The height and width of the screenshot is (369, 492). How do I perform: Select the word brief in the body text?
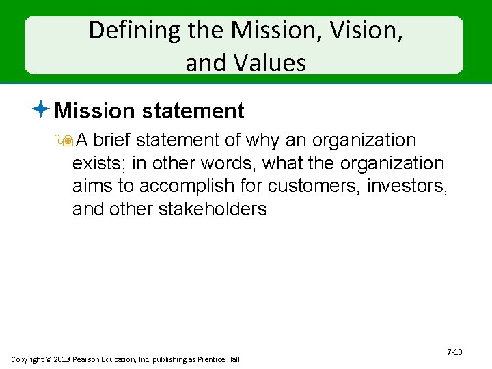coord(111,141)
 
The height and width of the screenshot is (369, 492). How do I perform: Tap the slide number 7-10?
coord(454,352)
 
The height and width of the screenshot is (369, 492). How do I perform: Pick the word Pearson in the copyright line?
coord(91,359)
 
